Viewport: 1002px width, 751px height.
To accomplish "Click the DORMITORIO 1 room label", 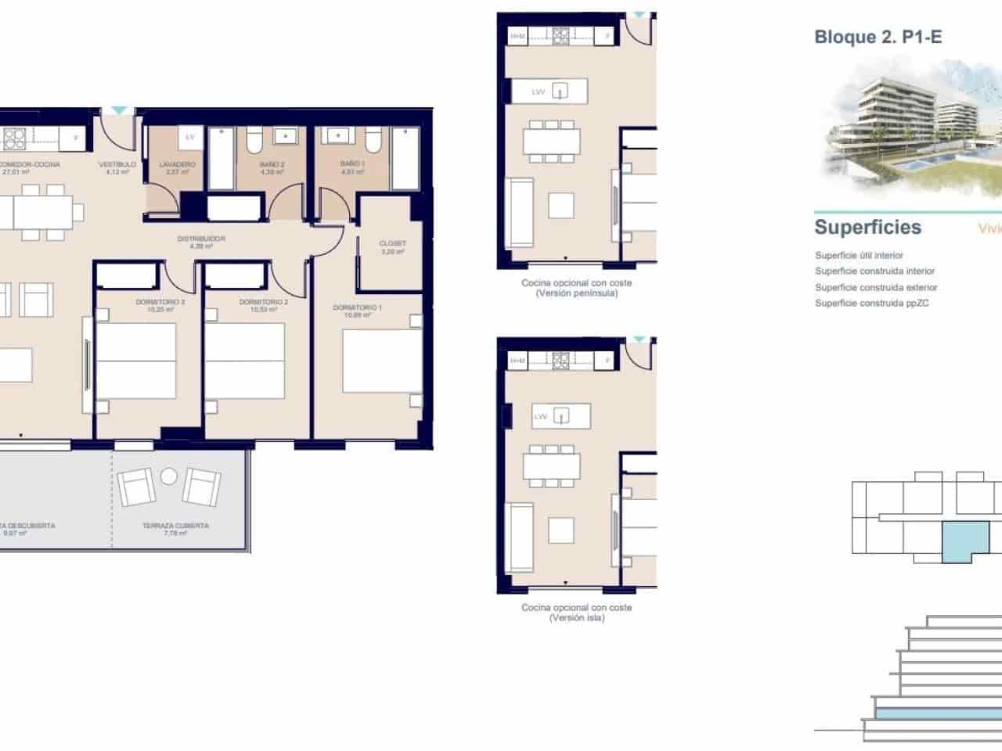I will [358, 307].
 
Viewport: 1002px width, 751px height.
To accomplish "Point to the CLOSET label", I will [392, 243].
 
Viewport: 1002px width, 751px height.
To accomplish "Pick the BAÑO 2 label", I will [272, 165].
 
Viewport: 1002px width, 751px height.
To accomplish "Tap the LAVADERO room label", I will [177, 165].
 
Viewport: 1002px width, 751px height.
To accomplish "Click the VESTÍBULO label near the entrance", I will [117, 165].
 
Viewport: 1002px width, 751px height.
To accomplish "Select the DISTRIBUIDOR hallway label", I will [201, 239].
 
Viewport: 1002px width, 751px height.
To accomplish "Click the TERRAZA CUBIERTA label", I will [175, 526].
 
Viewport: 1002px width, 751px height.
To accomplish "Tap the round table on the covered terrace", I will [169, 476].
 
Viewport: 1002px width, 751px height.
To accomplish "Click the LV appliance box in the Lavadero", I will [189, 138].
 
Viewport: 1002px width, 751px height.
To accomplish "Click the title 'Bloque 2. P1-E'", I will [878, 37].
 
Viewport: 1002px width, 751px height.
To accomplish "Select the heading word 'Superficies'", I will [867, 228].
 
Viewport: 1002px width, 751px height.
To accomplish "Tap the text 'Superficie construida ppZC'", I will [871, 304].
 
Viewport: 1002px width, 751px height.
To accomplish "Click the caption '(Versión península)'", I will [576, 293].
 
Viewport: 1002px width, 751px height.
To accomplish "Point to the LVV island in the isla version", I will [560, 416].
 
